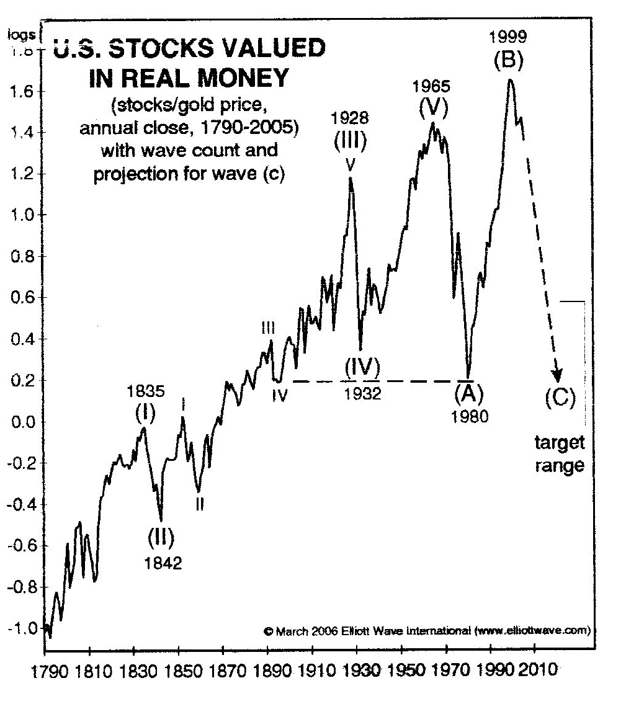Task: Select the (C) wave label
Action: (560, 396)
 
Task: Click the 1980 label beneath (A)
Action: (470, 416)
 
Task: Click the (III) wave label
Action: (351, 142)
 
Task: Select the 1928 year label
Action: (350, 117)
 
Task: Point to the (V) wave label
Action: (432, 108)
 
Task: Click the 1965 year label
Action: (432, 85)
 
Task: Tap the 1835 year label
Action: (145, 391)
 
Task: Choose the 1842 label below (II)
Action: (161, 563)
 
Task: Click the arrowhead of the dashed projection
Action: (557, 377)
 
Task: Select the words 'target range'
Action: (560, 453)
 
